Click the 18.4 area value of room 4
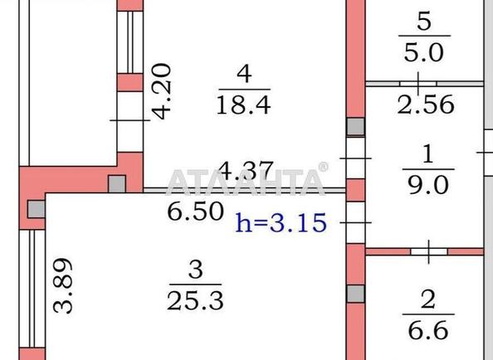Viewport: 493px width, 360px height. pyautogui.click(x=244, y=105)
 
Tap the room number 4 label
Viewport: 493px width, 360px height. pyautogui.click(x=244, y=74)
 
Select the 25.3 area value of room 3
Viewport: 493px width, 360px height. pyautogui.click(x=195, y=300)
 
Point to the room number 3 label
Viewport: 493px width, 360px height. pyautogui.click(x=196, y=270)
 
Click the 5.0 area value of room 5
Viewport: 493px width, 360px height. pyautogui.click(x=424, y=52)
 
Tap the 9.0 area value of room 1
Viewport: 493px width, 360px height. pyautogui.click(x=428, y=185)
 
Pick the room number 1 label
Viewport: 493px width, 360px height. pyautogui.click(x=428, y=154)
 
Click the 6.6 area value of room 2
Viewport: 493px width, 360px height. pyautogui.click(x=428, y=330)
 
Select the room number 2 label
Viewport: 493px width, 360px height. pyautogui.click(x=428, y=299)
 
